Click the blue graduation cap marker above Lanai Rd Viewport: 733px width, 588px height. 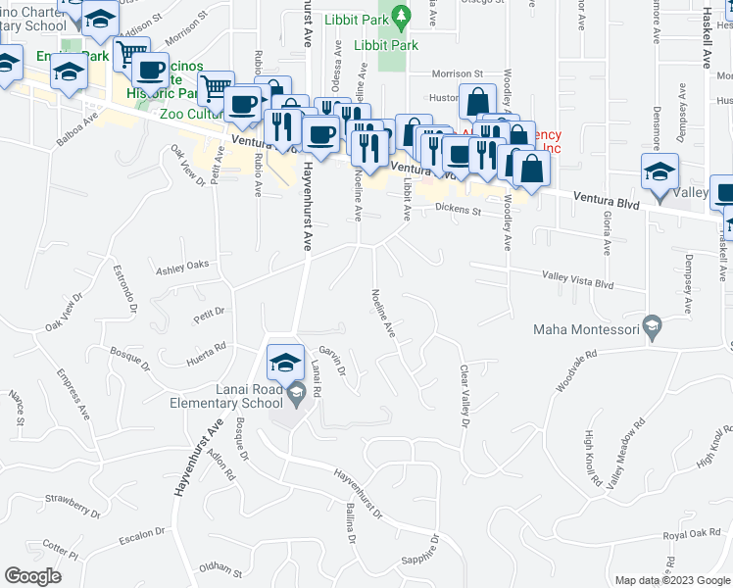[284, 362]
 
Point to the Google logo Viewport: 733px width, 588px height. [32, 576]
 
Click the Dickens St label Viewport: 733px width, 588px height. [459, 209]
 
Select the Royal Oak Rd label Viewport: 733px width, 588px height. [692, 534]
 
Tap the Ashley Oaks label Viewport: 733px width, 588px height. [183, 265]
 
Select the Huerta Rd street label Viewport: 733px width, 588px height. [208, 349]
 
